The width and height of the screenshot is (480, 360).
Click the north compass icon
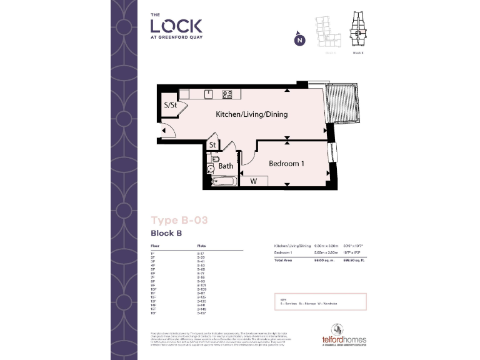click(x=299, y=40)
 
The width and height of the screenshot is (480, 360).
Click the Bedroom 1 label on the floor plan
click(x=286, y=164)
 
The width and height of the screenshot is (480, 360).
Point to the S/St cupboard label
click(x=171, y=105)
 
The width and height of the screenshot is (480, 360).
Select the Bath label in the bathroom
click(x=226, y=166)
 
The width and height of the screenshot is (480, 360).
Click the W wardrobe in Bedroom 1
click(x=254, y=181)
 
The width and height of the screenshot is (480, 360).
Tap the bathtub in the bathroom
click(x=222, y=181)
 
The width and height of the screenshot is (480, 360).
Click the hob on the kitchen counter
click(x=227, y=94)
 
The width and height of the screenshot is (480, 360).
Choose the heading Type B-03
click(x=179, y=219)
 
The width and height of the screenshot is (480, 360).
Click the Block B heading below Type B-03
click(x=166, y=233)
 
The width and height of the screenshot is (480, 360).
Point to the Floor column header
click(x=155, y=247)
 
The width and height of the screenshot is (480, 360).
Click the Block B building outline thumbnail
click(x=358, y=31)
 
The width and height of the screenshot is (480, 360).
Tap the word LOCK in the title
click(x=176, y=26)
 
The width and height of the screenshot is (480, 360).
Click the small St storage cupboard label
click(x=212, y=146)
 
